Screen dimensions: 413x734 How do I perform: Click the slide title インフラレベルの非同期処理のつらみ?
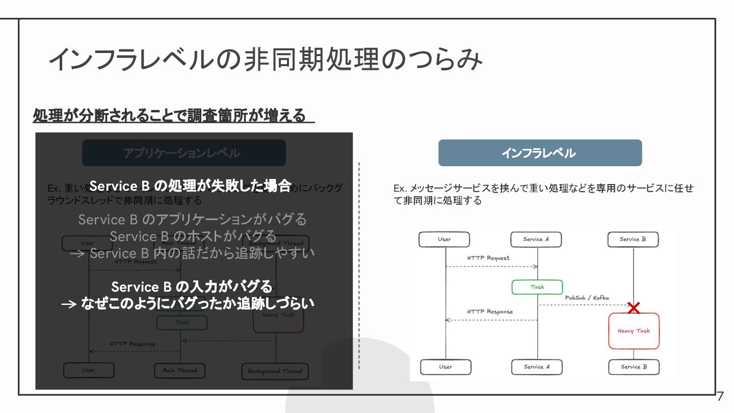click(x=265, y=60)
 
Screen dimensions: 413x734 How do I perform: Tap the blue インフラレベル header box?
click(x=540, y=153)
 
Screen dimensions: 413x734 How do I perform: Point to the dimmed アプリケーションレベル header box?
click(x=183, y=153)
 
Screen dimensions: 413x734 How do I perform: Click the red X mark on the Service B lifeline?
click(x=634, y=307)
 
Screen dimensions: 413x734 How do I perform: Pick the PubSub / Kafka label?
click(x=587, y=298)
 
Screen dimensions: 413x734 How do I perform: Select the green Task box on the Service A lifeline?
click(x=537, y=287)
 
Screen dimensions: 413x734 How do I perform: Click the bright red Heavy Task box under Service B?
click(x=634, y=331)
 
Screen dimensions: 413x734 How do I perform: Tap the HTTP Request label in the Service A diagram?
click(x=488, y=258)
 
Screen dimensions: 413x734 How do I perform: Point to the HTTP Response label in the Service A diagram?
click(x=490, y=312)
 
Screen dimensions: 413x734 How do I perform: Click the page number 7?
click(x=720, y=396)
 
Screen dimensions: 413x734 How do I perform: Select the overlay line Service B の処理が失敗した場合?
click(x=190, y=186)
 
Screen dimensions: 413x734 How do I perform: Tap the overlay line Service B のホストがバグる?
click(x=193, y=237)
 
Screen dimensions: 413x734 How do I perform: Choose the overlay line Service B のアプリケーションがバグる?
click(x=193, y=220)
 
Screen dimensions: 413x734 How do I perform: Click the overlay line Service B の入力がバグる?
click(x=192, y=287)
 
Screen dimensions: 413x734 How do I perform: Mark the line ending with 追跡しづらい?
click(x=188, y=304)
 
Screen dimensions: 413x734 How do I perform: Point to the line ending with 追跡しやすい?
click(x=193, y=253)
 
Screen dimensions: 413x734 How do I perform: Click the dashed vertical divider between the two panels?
click(x=359, y=265)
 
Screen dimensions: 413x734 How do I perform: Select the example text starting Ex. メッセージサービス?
click(x=543, y=194)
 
